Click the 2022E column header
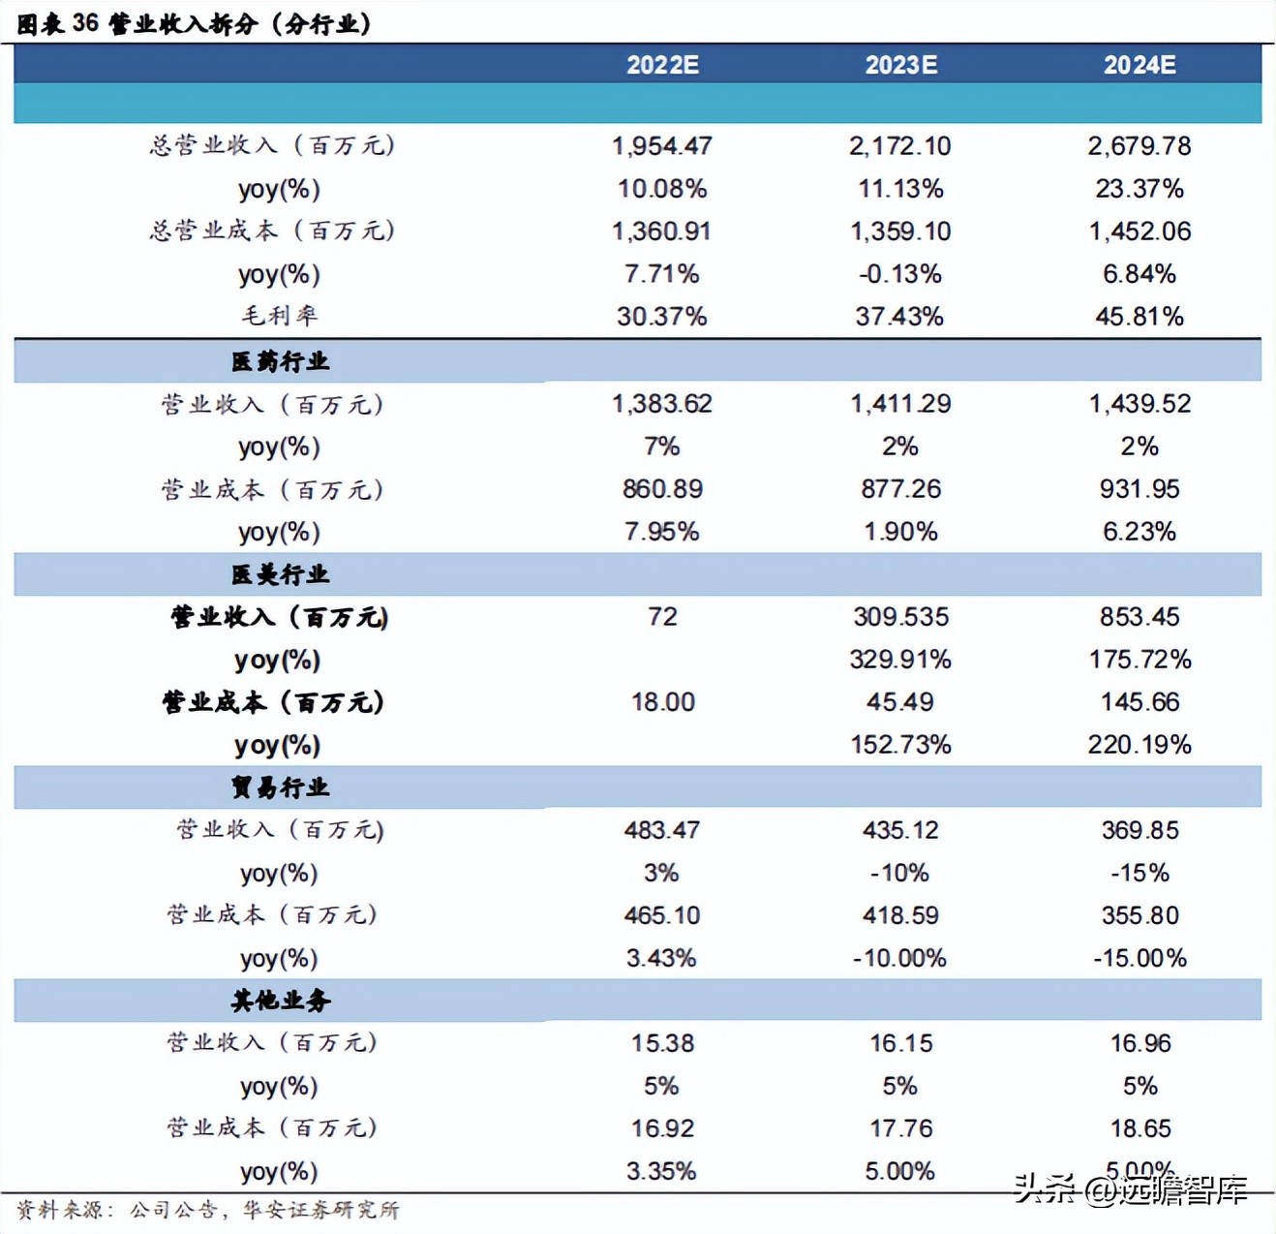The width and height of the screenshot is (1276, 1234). point(662,65)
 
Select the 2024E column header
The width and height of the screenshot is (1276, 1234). point(1139,65)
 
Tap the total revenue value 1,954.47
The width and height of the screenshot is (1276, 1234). point(662,146)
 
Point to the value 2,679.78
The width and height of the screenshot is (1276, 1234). point(1139,146)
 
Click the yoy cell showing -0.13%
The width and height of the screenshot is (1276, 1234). point(900,274)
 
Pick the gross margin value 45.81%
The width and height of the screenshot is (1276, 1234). point(1139,317)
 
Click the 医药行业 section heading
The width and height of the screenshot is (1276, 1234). point(281,361)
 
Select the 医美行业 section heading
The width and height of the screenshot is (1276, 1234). point(281,574)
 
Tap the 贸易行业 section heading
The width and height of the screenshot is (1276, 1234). point(281,787)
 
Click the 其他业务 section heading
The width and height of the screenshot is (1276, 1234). point(281,1001)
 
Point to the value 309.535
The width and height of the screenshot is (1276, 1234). point(900,617)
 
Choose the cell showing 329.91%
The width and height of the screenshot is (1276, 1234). point(900,660)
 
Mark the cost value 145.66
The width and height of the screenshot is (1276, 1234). point(1139,702)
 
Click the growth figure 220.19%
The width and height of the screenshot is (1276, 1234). point(1139,745)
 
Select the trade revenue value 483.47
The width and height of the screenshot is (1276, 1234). point(662,830)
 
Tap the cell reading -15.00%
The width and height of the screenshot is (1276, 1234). point(1139,958)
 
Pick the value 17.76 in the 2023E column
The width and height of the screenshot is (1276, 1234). point(900,1128)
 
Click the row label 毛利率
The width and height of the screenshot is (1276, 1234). point(280,316)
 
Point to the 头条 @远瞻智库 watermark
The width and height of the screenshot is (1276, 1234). point(1130,1189)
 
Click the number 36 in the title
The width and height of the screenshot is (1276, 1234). point(85,23)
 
